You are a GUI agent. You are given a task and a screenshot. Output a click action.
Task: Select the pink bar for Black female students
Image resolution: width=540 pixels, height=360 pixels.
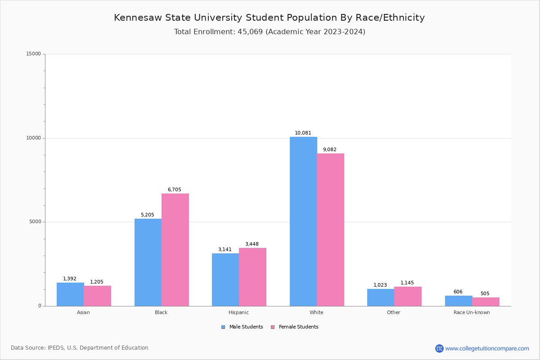click(x=175, y=250)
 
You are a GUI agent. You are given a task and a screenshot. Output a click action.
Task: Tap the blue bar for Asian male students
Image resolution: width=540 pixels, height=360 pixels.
click(x=70, y=294)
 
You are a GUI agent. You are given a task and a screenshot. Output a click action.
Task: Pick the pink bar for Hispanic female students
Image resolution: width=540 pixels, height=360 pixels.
click(x=252, y=277)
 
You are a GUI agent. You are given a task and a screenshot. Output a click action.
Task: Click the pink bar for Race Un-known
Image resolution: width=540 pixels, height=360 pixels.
click(x=486, y=301)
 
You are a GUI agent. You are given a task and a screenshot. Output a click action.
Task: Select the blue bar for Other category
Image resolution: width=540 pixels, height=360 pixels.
click(x=381, y=297)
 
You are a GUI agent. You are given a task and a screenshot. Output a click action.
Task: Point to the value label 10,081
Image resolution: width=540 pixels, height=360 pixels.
click(x=303, y=133)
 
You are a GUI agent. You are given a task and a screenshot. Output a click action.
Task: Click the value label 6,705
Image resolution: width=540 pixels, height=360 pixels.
click(x=175, y=189)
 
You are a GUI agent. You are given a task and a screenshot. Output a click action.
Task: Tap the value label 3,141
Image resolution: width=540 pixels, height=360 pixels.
click(x=225, y=249)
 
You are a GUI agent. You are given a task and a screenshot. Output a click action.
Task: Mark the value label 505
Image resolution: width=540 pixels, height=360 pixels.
click(x=485, y=293)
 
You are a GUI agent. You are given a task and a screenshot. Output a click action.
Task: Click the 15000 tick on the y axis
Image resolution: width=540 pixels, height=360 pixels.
click(x=33, y=54)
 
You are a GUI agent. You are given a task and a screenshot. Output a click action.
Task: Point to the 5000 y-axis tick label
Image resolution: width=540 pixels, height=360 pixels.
click(x=35, y=222)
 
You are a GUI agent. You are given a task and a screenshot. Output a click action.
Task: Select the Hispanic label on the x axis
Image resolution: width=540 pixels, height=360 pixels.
click(x=238, y=312)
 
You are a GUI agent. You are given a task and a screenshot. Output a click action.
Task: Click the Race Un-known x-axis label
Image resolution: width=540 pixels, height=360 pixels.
click(x=472, y=312)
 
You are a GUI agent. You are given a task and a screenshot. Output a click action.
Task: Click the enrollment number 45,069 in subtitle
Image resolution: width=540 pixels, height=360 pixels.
click(x=250, y=31)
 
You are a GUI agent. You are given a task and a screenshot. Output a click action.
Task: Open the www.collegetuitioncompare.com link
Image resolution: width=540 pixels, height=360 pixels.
click(x=487, y=348)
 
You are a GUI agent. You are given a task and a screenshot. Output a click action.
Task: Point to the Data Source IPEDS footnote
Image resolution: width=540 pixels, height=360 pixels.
click(x=80, y=348)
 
